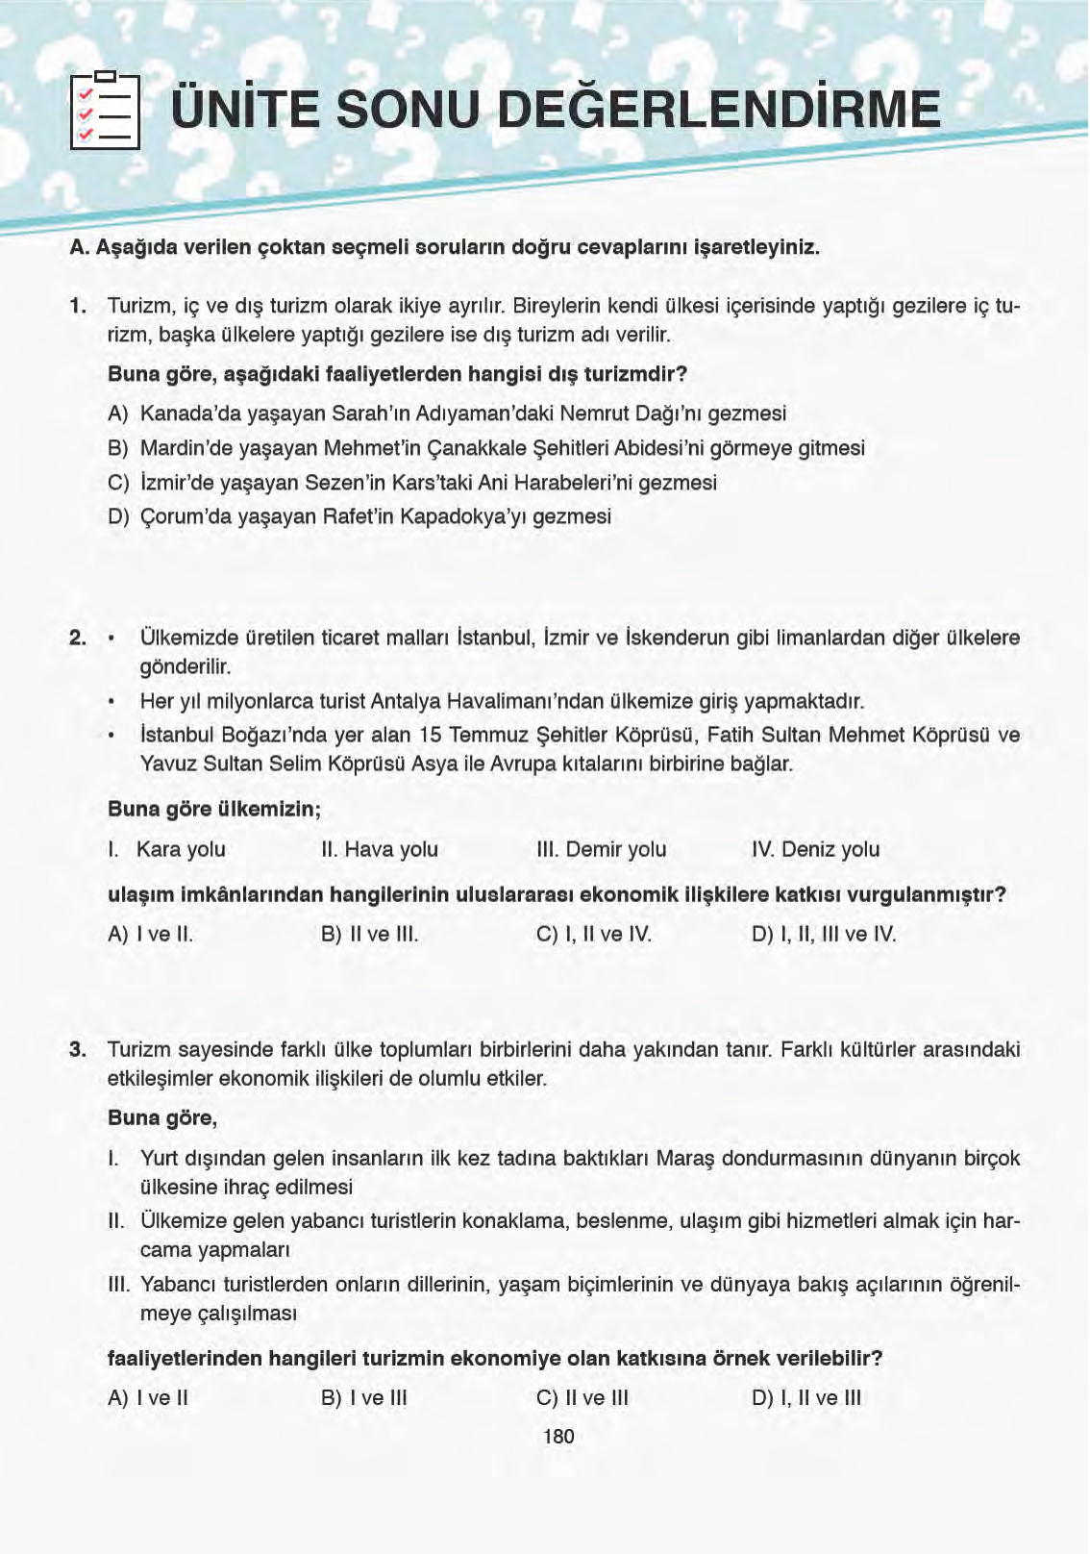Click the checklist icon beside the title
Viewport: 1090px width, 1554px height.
click(x=105, y=112)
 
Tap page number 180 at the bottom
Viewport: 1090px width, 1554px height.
click(x=558, y=1437)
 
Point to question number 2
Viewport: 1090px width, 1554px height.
click(x=78, y=638)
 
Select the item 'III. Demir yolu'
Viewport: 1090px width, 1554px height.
click(x=601, y=849)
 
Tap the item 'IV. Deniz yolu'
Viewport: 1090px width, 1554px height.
click(x=815, y=849)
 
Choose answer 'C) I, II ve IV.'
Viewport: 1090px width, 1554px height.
click(x=593, y=934)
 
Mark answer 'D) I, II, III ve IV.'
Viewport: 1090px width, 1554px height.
click(x=823, y=934)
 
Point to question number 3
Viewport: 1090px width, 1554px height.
click(x=78, y=1049)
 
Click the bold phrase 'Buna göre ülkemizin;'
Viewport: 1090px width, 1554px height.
click(x=213, y=809)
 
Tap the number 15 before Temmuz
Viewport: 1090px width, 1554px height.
click(x=430, y=735)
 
